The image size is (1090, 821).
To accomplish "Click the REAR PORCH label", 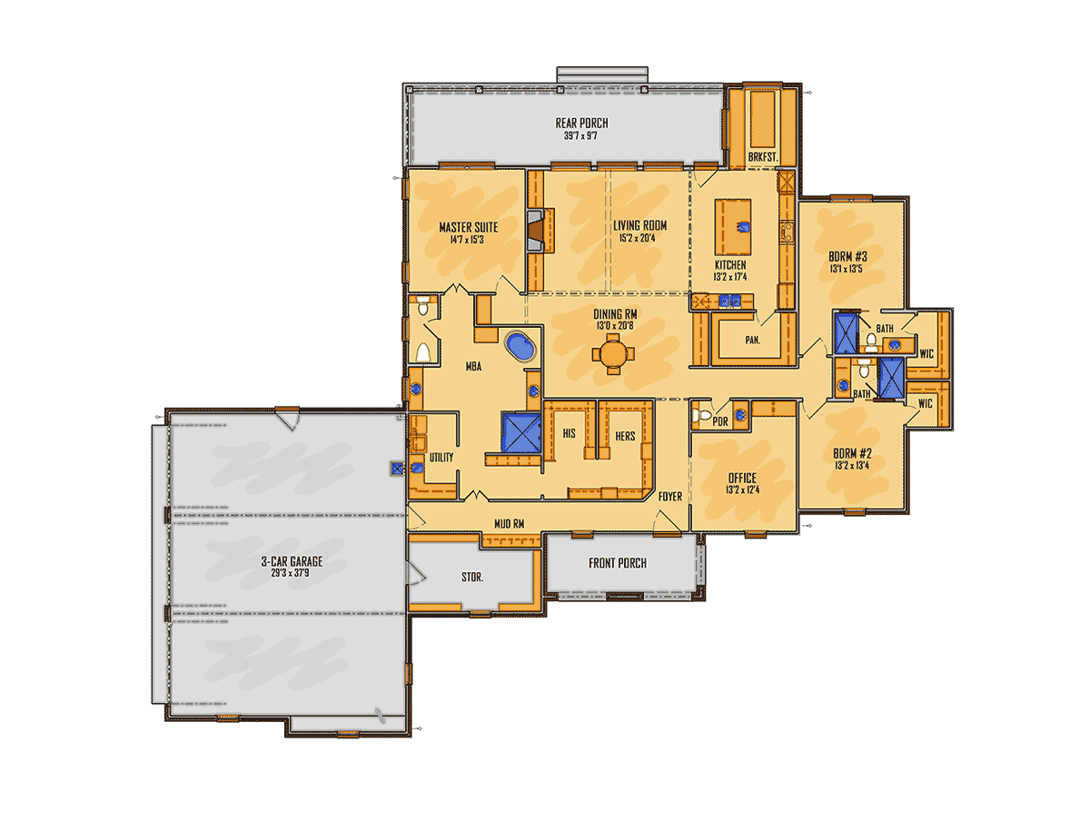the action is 581,123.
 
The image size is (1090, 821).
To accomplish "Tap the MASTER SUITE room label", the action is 468,227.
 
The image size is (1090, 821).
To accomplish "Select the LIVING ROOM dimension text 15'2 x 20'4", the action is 637,238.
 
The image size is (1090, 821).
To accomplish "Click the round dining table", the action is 613,354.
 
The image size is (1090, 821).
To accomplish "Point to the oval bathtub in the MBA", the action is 520,346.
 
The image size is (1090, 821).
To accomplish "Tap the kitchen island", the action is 732,227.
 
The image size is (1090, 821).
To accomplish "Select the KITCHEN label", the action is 730,264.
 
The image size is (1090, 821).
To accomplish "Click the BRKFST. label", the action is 763,156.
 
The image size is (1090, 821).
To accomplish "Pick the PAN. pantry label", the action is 752,340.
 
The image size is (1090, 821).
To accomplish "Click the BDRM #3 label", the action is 847,257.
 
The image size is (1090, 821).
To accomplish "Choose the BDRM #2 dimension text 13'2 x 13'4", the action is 852,465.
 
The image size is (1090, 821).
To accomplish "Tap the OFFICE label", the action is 742,478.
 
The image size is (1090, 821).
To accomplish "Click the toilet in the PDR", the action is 703,414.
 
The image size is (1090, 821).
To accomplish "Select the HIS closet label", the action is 570,433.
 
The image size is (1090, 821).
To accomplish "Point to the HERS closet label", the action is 625,436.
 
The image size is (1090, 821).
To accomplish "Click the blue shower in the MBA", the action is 520,432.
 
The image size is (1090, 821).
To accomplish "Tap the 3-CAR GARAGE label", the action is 292,561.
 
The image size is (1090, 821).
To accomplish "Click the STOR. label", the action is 471,577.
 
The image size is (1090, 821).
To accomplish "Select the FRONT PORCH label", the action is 618,562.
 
